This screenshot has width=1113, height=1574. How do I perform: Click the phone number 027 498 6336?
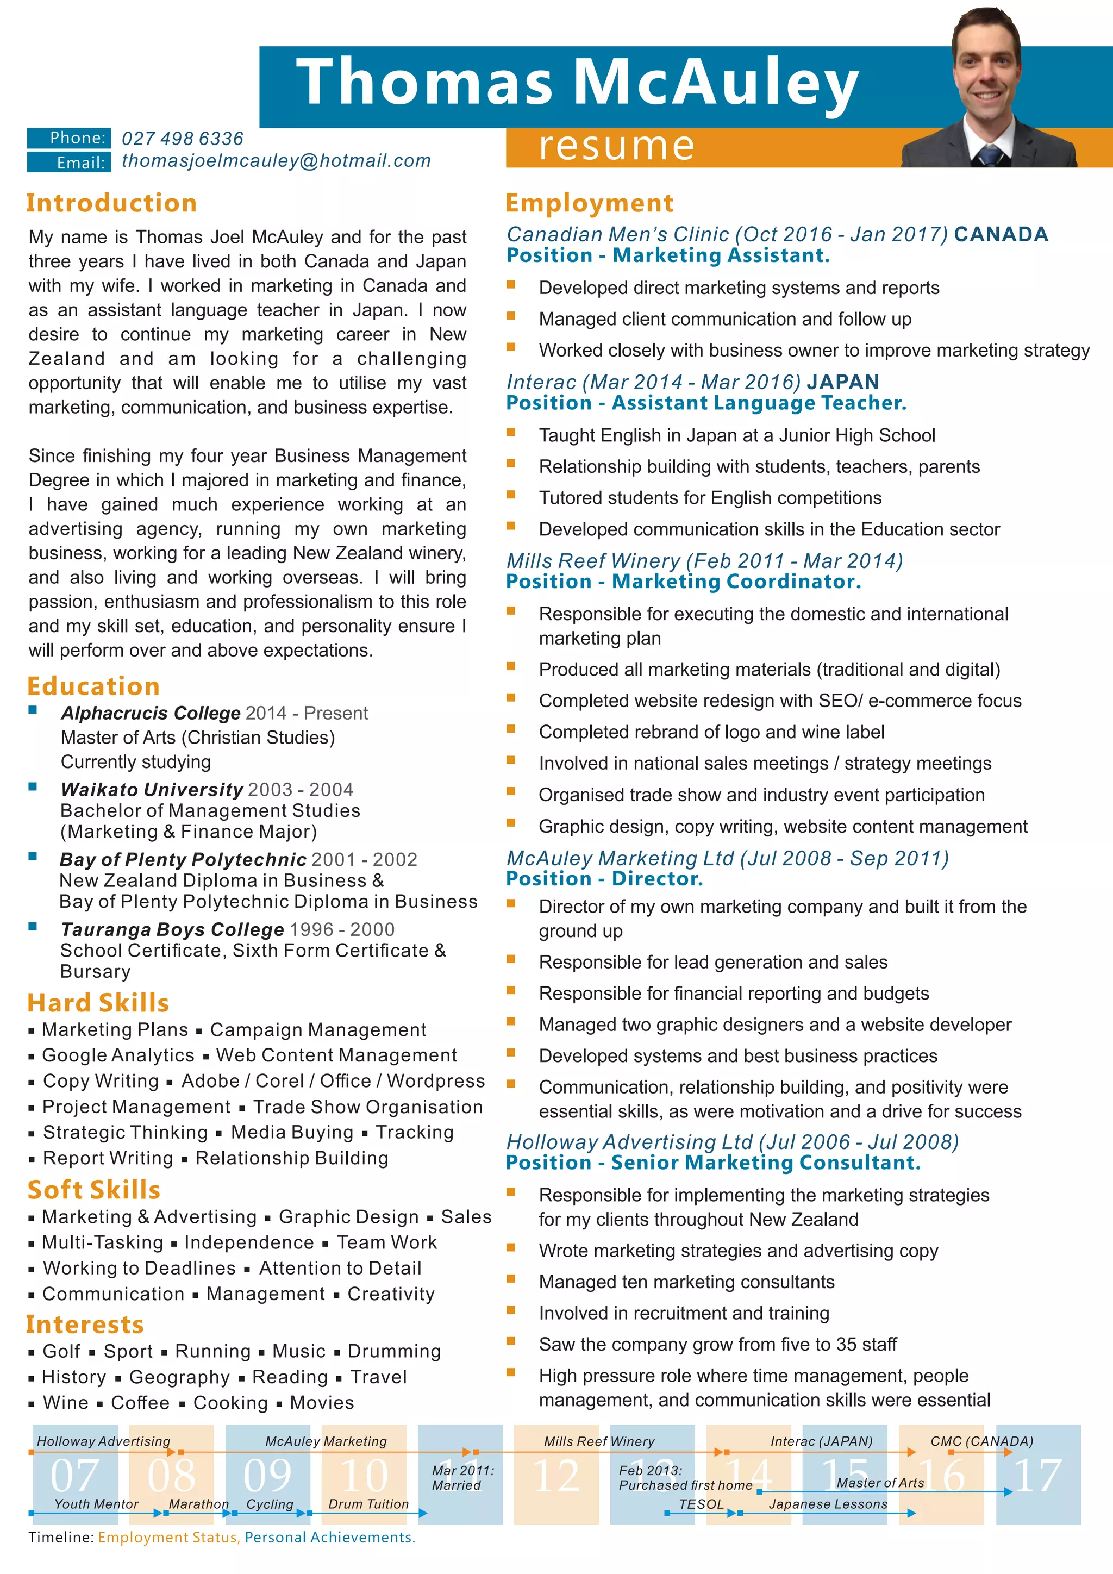tap(182, 139)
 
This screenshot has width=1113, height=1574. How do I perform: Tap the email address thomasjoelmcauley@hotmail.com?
tap(276, 161)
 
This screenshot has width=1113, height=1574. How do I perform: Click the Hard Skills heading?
tap(98, 1002)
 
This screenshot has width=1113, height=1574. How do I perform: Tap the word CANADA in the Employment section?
tap(1001, 234)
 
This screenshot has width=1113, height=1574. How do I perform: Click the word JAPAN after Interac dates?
tap(842, 382)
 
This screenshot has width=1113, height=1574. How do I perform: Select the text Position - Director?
tap(604, 879)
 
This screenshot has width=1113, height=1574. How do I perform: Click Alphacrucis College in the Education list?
tap(150, 713)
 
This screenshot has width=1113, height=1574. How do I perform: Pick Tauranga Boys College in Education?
tap(172, 929)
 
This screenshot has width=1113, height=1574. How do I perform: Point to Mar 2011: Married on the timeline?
tap(462, 1477)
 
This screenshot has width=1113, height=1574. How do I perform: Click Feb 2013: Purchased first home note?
tap(685, 1477)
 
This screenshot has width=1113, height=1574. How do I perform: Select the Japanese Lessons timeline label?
tap(828, 1504)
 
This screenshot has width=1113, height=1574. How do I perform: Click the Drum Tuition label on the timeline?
tap(368, 1504)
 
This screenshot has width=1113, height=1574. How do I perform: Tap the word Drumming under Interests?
tap(394, 1351)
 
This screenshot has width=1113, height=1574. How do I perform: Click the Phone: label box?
tap(68, 138)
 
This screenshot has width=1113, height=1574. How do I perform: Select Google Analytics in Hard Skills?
tap(118, 1055)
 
